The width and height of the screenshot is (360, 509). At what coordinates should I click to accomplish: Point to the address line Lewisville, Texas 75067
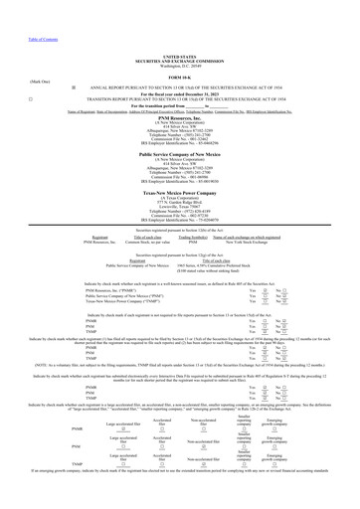[x=179, y=217]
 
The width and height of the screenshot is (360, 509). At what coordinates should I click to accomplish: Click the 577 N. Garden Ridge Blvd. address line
[x=179, y=212]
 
